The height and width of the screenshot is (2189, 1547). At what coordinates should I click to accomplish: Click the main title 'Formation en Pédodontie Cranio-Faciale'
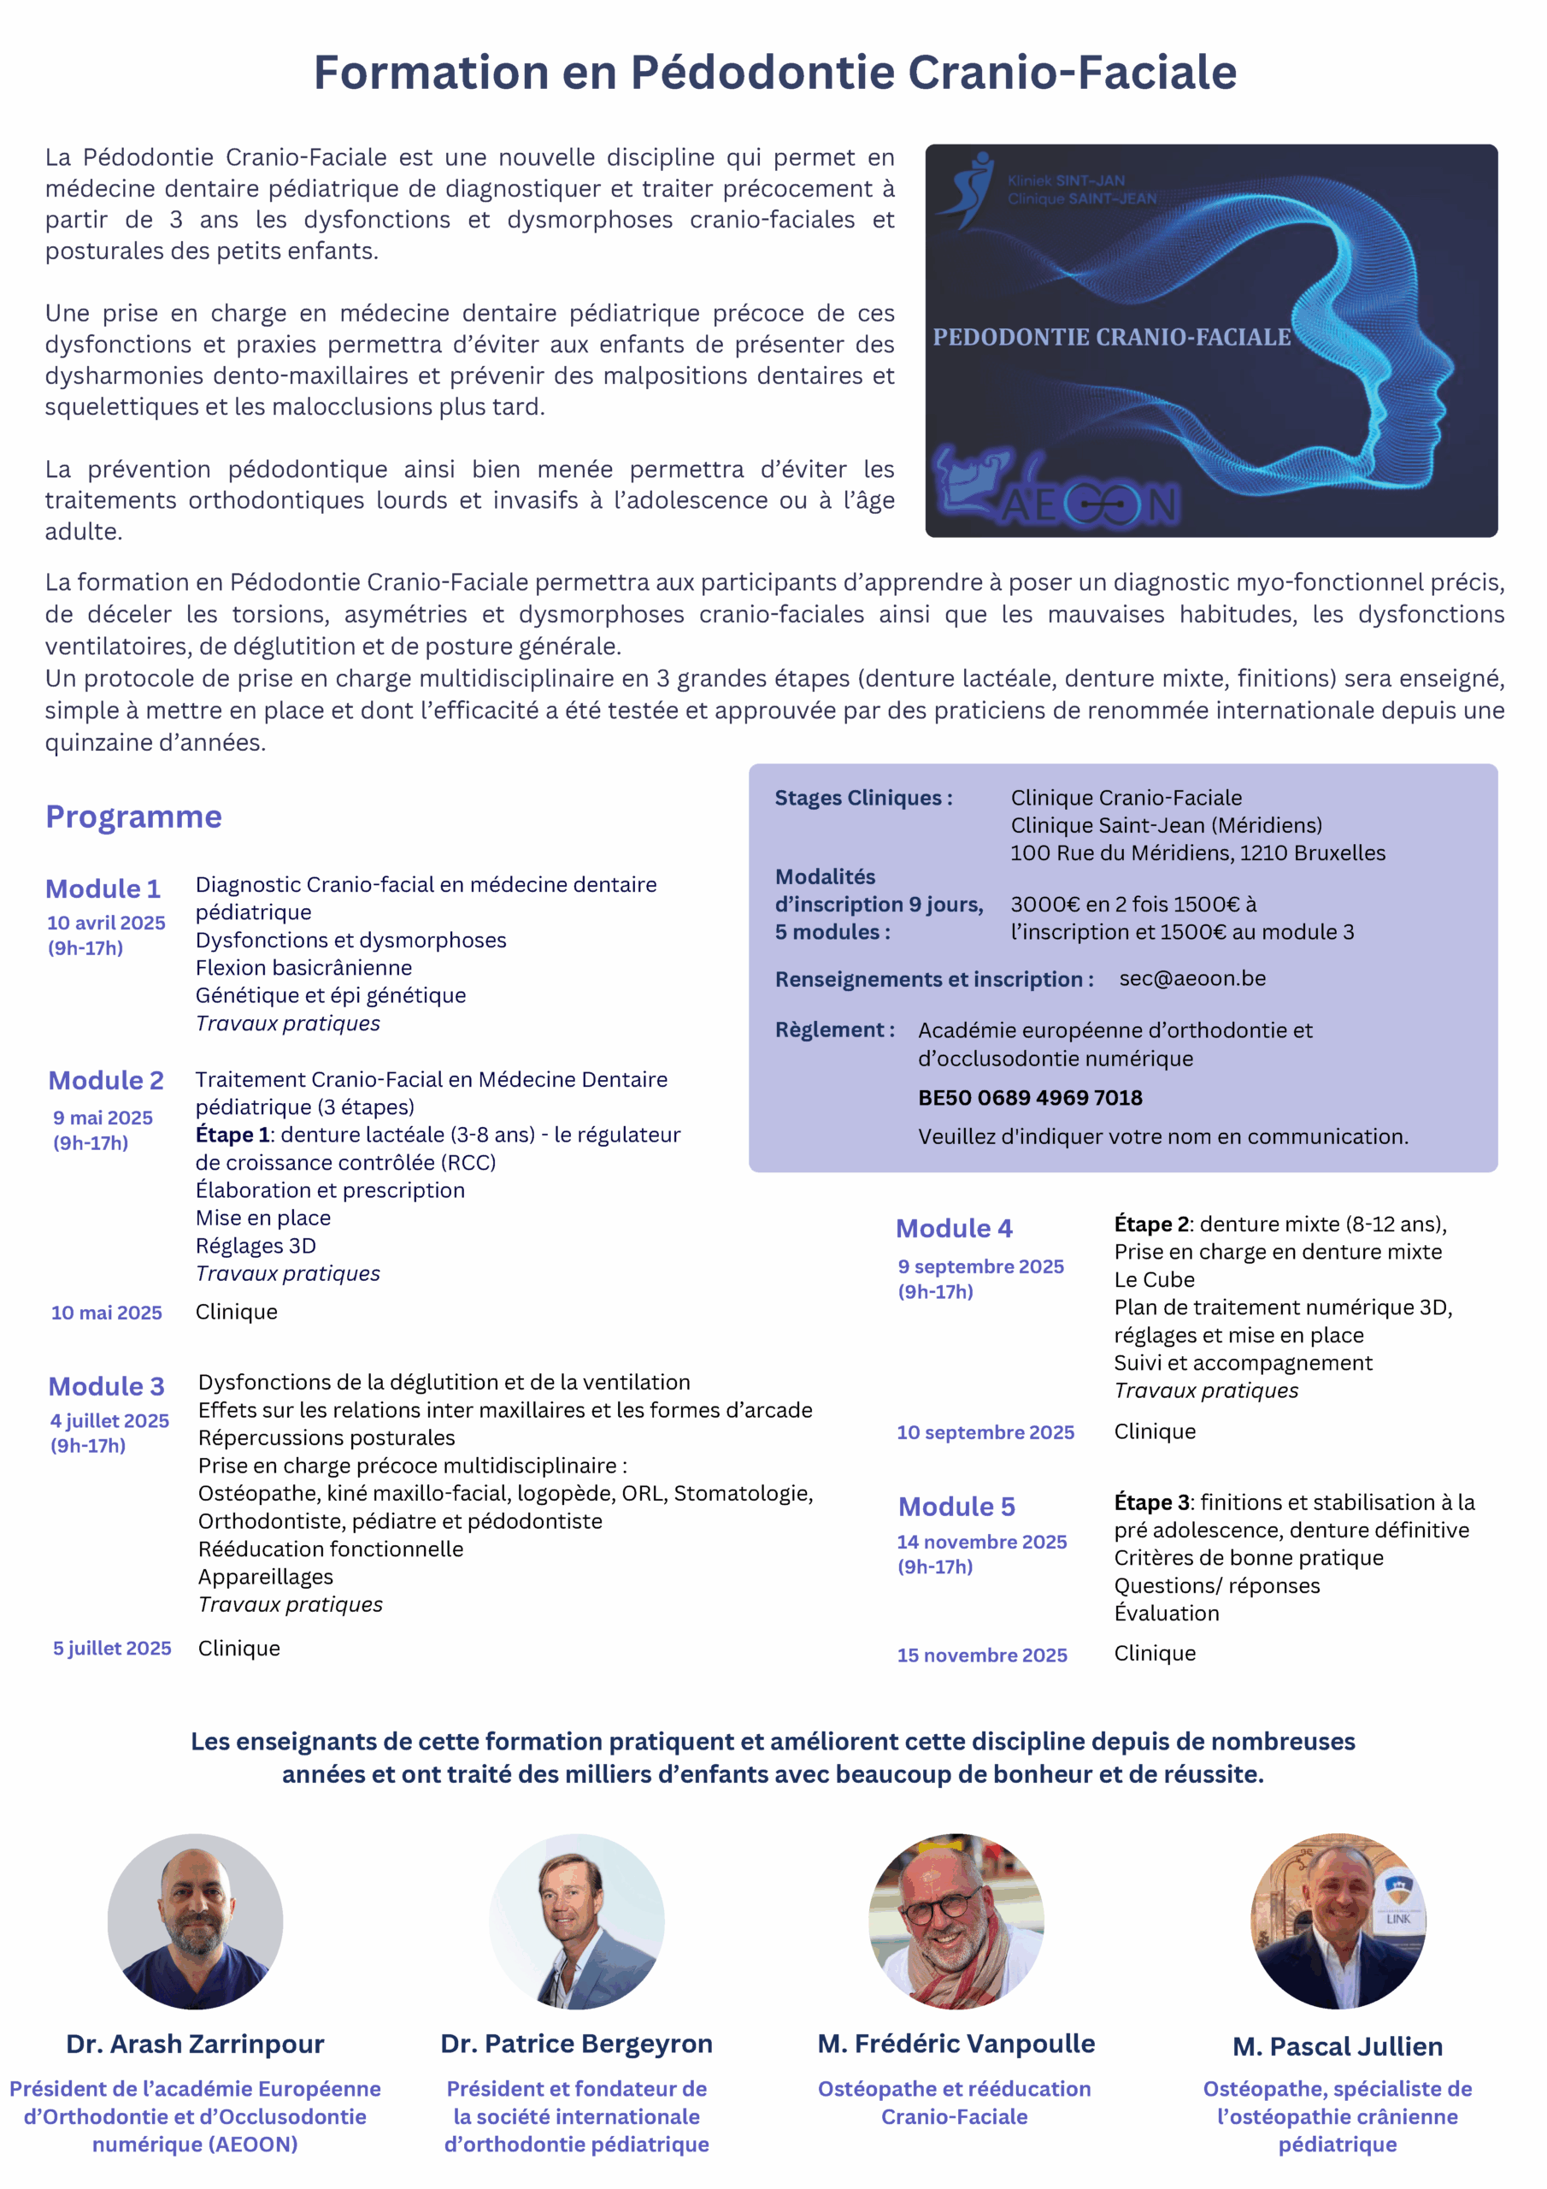point(774,73)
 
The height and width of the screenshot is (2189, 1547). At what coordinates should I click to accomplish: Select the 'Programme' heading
point(133,817)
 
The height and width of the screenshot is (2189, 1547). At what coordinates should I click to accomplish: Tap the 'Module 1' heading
point(103,888)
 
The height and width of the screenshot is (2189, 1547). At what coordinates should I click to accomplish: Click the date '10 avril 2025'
point(106,923)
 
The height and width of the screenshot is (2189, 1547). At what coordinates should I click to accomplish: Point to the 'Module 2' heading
point(106,1080)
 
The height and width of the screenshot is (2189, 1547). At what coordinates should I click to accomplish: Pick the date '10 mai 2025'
point(106,1313)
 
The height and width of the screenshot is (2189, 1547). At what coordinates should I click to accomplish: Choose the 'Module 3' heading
point(106,1386)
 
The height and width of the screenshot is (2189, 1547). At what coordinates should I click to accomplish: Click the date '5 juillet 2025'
point(111,1649)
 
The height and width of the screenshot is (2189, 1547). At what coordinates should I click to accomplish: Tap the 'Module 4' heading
point(953,1229)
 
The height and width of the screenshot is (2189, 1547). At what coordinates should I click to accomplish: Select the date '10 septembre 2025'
point(985,1432)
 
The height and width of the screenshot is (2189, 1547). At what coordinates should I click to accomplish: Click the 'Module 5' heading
point(956,1507)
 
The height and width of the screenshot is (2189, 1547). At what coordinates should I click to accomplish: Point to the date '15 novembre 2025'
point(982,1655)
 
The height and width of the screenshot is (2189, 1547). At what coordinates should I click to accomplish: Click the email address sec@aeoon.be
point(1191,978)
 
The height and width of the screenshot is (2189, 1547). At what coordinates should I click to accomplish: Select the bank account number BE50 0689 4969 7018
point(1029,1097)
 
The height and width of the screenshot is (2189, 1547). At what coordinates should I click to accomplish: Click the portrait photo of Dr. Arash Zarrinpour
point(195,1921)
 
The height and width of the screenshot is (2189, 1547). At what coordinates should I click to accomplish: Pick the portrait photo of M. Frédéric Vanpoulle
point(956,1921)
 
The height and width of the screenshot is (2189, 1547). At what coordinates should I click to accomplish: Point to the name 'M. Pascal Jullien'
point(1338,2047)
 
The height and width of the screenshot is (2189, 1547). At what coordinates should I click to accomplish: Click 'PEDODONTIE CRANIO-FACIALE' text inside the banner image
point(1111,338)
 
